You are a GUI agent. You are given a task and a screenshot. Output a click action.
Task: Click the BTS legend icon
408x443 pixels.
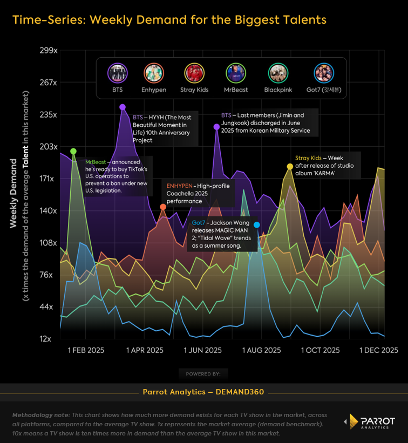click(118, 73)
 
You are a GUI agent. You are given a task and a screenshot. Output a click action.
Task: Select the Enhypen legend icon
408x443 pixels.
click(154, 73)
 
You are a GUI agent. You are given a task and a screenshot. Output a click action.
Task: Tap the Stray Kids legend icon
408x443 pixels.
click(194, 73)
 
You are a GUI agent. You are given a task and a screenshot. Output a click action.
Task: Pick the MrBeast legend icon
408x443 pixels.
click(235, 73)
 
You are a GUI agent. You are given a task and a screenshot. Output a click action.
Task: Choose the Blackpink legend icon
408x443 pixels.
click(278, 73)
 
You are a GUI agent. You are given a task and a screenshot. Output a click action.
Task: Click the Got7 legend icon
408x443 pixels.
click(324, 73)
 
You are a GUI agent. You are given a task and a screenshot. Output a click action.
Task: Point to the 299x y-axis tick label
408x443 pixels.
click(48, 50)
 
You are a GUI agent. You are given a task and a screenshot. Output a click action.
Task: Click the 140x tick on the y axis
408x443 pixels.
click(48, 210)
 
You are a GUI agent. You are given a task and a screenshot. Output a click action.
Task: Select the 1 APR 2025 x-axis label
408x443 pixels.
click(145, 350)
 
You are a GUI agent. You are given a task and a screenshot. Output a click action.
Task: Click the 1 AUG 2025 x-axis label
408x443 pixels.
click(262, 350)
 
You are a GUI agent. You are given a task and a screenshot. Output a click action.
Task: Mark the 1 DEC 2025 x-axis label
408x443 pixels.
click(379, 350)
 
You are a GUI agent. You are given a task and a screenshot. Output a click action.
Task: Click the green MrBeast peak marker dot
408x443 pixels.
click(73, 152)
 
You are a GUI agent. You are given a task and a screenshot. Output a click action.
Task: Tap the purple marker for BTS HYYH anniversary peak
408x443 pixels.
click(123, 107)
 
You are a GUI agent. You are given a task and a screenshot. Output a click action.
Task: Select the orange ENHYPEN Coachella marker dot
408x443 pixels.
click(163, 207)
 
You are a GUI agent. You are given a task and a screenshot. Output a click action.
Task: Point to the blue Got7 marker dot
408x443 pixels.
click(257, 225)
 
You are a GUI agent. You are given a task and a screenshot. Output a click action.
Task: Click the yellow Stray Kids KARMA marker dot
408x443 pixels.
click(290, 166)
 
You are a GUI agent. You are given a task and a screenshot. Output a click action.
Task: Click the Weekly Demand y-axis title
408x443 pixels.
click(14, 193)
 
